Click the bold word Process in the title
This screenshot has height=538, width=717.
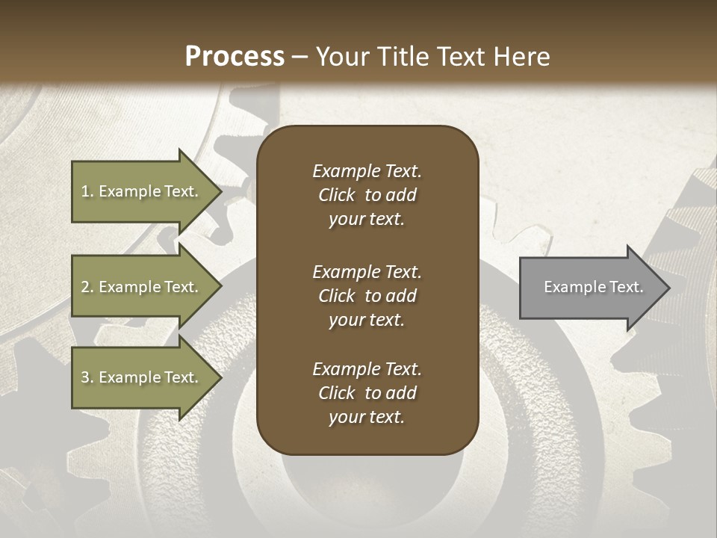(235, 57)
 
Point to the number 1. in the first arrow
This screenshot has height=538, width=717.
(87, 191)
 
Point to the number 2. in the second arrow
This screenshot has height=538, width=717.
(87, 287)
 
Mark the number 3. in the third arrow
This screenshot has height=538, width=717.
(87, 377)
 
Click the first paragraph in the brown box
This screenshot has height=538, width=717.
(367, 195)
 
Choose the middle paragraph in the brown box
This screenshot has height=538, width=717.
(367, 296)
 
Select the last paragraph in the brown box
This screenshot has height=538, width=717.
(367, 393)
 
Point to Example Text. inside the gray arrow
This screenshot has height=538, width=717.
(594, 287)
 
